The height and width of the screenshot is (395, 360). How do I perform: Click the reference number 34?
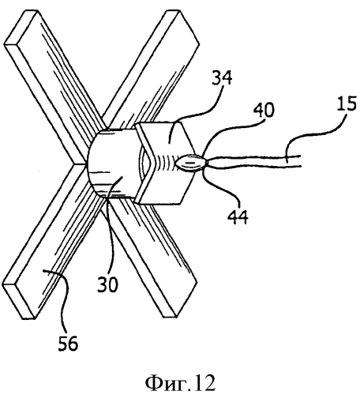click(222, 77)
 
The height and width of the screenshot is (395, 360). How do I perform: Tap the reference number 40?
click(264, 110)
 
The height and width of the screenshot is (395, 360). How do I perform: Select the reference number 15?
click(347, 103)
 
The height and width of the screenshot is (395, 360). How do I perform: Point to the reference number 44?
click(238, 217)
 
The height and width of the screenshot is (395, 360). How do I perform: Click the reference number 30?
click(107, 284)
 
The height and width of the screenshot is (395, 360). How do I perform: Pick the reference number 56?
click(68, 343)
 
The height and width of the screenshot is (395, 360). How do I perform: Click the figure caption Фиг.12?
click(180, 382)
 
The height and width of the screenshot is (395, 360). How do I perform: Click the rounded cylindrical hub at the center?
click(112, 164)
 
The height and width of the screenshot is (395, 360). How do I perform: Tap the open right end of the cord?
click(300, 160)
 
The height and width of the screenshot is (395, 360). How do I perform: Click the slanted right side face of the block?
click(187, 164)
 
